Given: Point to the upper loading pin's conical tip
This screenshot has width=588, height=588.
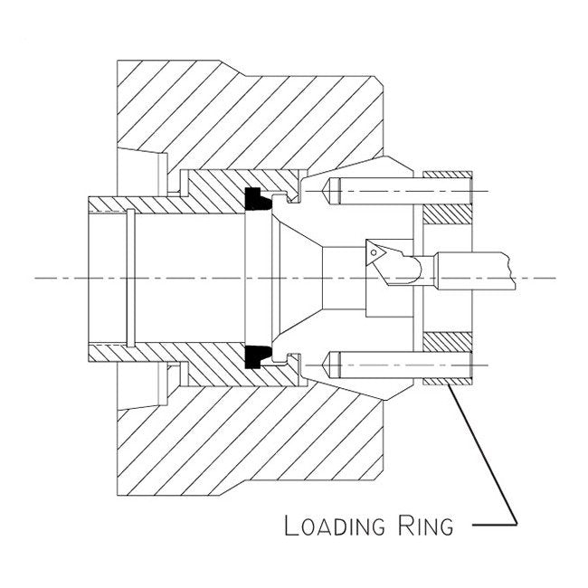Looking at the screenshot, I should [x=327, y=191].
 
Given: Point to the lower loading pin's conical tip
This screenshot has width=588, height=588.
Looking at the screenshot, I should [x=327, y=365].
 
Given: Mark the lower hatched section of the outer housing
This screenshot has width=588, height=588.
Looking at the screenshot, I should [x=253, y=443].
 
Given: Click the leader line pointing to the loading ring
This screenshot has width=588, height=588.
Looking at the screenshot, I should [x=484, y=452].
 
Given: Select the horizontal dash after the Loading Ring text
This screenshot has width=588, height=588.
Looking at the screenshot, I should [x=495, y=524].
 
